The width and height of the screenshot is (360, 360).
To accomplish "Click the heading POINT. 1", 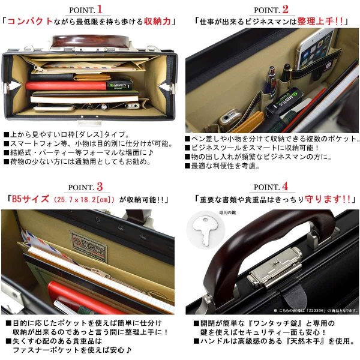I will (90, 9).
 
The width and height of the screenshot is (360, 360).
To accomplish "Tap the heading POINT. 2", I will (271, 9).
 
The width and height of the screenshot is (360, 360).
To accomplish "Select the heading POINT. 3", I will (90, 187).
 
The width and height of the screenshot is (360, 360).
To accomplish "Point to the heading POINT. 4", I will (271, 187).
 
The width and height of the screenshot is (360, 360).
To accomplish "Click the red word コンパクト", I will (29, 22).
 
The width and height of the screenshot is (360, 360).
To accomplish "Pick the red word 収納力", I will (157, 22).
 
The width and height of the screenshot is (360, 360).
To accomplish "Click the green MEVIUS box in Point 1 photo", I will (124, 85).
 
